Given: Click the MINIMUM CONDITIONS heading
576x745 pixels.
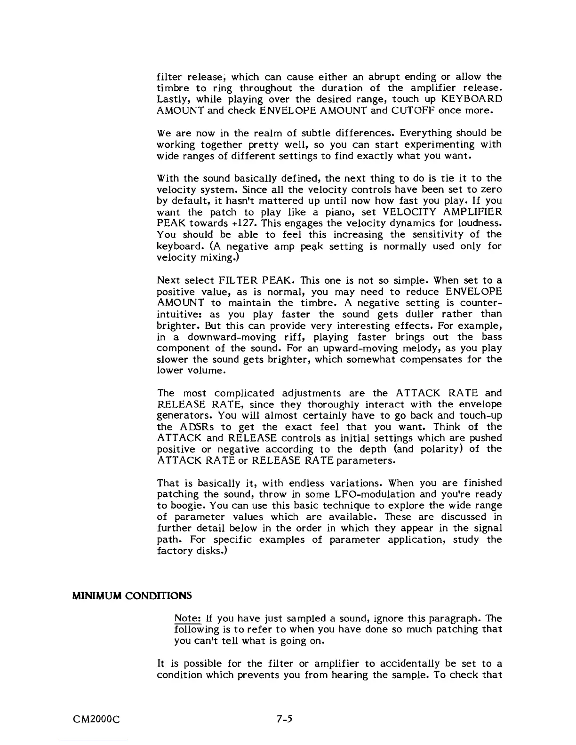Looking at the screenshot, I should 131,595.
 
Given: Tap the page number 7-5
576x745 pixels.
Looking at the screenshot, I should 285,718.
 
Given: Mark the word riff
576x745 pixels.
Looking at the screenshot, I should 291,337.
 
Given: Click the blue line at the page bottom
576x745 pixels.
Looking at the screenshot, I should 94,741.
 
